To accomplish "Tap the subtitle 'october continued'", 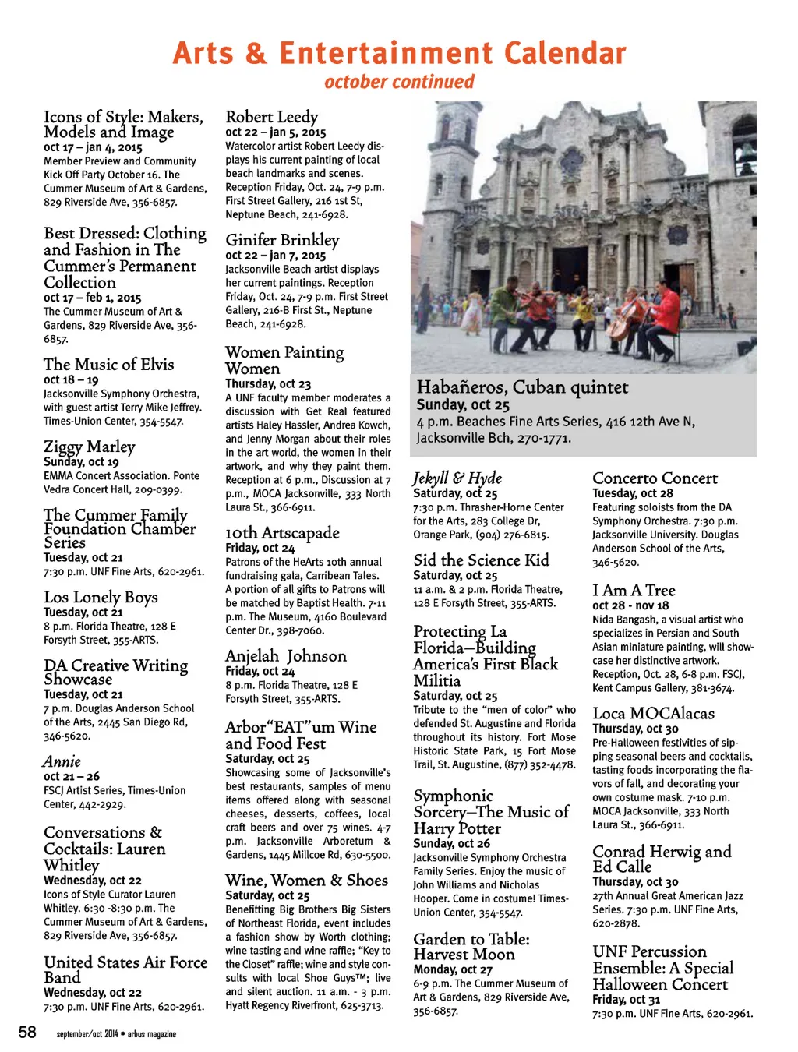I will pos(399,82).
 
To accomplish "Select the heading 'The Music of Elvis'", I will pos(108,365).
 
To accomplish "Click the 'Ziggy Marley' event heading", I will pos(89,447).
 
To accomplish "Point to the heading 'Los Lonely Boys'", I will pos(101,598).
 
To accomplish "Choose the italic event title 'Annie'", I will pos(62,761).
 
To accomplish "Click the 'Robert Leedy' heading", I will pos(271,117).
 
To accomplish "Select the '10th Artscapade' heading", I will pos(282,533).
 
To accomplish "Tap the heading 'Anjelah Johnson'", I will pos(285,656).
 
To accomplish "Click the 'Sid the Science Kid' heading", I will pos(481,560).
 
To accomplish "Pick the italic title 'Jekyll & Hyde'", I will pos(457,478).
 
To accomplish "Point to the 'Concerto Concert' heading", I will pos(655,478).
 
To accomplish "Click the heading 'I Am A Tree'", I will pos(633,591).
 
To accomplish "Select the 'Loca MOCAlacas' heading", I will pos(653,714).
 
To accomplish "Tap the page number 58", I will pos(27,1033).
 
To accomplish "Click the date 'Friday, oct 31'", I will pos(626,1000).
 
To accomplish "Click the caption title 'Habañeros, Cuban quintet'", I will pos(522,387).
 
